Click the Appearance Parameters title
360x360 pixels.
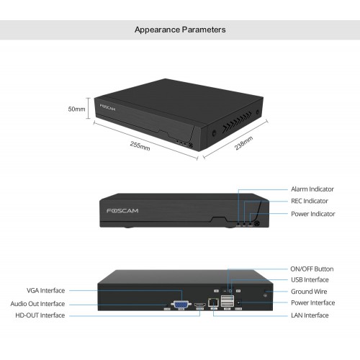click(180, 30)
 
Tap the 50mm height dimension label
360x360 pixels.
click(76, 109)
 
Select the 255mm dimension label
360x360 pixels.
click(140, 146)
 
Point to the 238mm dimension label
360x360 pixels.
click(243, 143)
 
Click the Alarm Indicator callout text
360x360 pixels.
click(312, 189)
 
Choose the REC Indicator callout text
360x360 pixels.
click(310, 201)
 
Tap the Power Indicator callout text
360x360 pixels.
click(313, 214)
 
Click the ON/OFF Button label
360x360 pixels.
click(312, 269)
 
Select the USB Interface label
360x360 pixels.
click(310, 280)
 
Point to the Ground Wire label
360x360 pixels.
click(309, 292)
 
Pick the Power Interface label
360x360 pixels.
click(312, 303)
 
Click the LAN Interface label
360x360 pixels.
click(310, 315)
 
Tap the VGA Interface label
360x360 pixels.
click(45, 291)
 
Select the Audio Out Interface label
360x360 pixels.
click(37, 304)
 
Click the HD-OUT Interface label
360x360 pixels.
click(40, 315)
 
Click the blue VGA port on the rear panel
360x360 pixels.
click(181, 305)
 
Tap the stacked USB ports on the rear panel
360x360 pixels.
click(228, 301)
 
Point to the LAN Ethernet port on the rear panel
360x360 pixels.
click(214, 302)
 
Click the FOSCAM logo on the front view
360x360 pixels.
click(122, 211)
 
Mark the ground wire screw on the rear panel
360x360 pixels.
click(266, 295)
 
